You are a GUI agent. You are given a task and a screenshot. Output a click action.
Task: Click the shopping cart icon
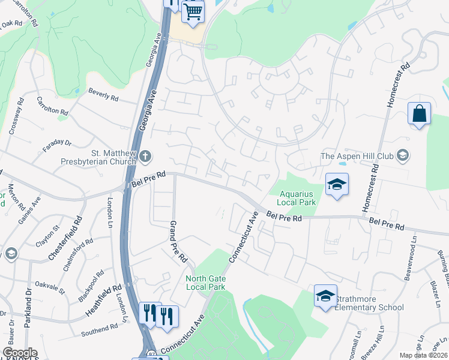(x=193, y=11)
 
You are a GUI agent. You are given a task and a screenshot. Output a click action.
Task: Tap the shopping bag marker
(x=419, y=113)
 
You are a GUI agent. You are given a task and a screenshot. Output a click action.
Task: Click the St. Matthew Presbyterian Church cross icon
(x=145, y=157)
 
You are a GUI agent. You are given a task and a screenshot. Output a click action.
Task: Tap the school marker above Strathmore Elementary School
(x=325, y=296)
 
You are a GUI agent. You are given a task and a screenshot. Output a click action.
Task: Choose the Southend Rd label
(x=100, y=329)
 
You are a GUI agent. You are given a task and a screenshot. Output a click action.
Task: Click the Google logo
(x=20, y=353)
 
